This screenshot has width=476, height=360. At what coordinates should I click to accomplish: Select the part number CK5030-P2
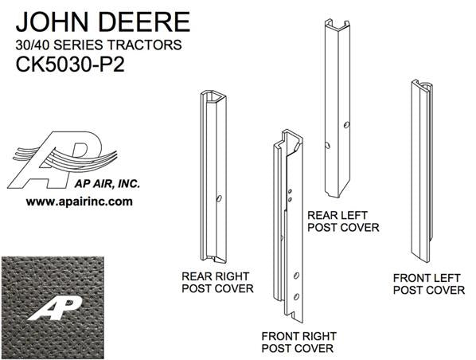coord(70,65)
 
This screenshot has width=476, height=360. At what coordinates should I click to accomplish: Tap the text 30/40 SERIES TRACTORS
coord(99,45)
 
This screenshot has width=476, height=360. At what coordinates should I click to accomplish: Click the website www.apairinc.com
coord(80,202)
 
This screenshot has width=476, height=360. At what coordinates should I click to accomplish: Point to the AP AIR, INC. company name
coord(107,184)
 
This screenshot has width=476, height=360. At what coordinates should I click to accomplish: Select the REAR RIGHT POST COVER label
coord(217,283)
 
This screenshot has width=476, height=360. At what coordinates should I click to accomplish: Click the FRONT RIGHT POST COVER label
coord(299,342)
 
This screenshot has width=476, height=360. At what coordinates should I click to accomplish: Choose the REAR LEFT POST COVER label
coord(343,221)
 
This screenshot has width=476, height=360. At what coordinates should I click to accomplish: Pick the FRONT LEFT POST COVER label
coord(429,284)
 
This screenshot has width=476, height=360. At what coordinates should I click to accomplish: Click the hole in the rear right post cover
coord(219,198)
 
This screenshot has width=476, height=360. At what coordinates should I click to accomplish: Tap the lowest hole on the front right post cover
coord(297,296)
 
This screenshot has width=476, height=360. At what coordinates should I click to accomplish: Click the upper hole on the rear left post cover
coord(346,124)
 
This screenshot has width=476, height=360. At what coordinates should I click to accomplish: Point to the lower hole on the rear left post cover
coord(327,145)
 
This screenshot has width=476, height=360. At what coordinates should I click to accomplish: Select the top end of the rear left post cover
coord(337,25)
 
